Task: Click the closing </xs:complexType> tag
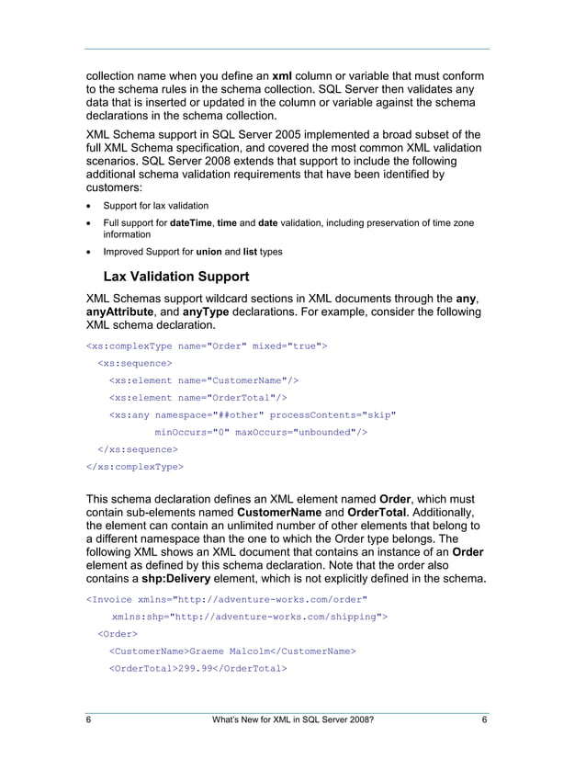(134, 466)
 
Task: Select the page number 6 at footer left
(88, 721)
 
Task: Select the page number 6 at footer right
(484, 721)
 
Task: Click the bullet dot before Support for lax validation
(89, 206)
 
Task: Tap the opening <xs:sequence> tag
(134, 363)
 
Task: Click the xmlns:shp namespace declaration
(249, 617)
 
